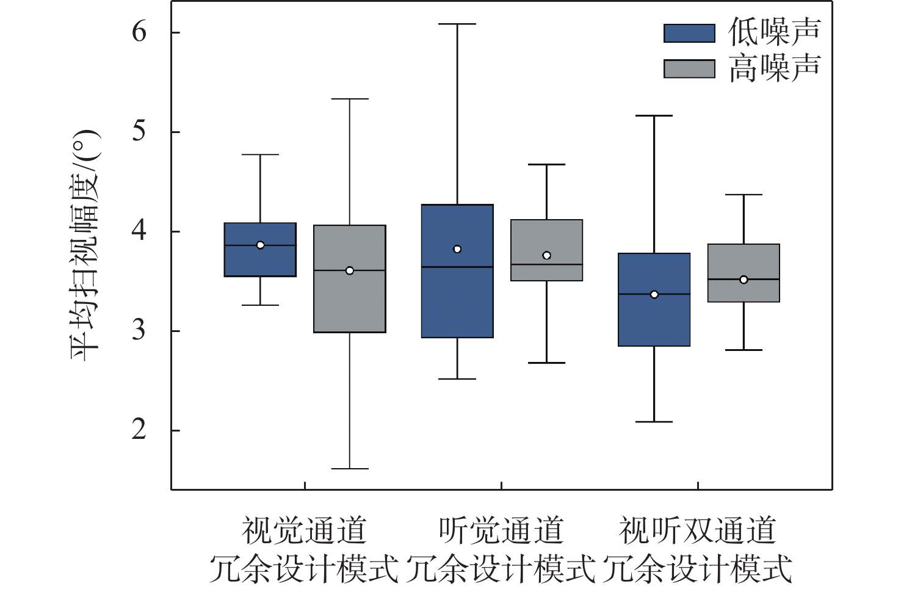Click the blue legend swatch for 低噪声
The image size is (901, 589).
coord(689,33)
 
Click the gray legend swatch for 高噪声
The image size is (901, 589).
coord(689,69)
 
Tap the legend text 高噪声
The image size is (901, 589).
coord(775,68)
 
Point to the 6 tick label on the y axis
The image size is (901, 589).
coord(139,32)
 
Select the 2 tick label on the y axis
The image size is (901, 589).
coord(139,430)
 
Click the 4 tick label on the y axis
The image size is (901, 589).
coord(139,231)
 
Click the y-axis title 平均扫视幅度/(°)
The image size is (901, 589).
coord(85,244)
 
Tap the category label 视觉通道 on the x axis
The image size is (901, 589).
coord(304,530)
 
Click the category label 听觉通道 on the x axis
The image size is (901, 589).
coord(501,530)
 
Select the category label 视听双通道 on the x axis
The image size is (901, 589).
coord(697,530)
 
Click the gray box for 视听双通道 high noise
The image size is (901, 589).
coord(744,290)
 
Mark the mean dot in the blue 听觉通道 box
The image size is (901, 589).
coord(457,249)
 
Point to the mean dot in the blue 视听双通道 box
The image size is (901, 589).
coord(654,294)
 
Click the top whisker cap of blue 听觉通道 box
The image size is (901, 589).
coord(457,24)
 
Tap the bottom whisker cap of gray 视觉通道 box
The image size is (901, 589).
coord(350,469)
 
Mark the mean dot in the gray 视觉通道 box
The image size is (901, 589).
coord(350,270)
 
